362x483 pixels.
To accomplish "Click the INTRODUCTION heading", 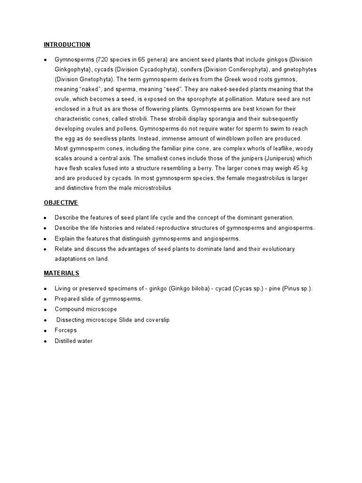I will (67, 45).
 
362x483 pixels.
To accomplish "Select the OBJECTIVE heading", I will (61, 203).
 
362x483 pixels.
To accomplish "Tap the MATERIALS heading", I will (61, 273).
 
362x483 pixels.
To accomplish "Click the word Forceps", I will (66, 330).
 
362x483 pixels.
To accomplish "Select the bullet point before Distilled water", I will (45, 341).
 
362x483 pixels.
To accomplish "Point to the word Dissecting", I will (71, 320).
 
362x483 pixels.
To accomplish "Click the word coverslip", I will (158, 320).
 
